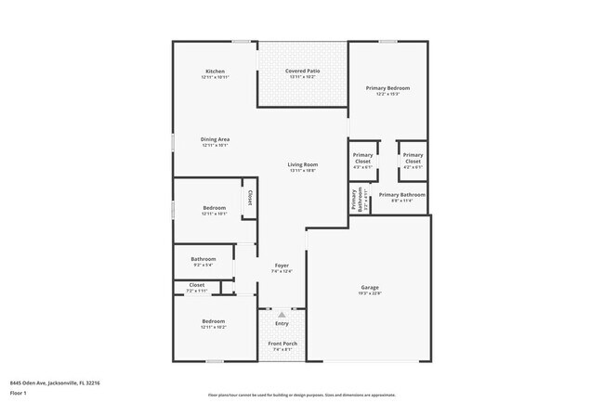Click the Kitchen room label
point(215,71)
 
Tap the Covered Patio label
point(302,71)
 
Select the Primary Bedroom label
point(393,88)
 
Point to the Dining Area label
point(215,139)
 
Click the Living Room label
point(303,164)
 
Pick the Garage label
point(370,288)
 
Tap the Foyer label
point(281,266)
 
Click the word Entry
point(282,323)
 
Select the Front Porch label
point(282,344)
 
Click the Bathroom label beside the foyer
point(204,259)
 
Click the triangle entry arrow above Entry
point(282,315)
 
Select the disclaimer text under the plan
point(301,394)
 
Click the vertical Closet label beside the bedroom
point(250,199)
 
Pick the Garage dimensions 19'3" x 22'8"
point(370,294)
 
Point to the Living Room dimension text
point(303,171)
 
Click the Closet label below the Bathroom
point(197,285)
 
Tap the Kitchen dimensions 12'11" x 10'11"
point(215,78)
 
